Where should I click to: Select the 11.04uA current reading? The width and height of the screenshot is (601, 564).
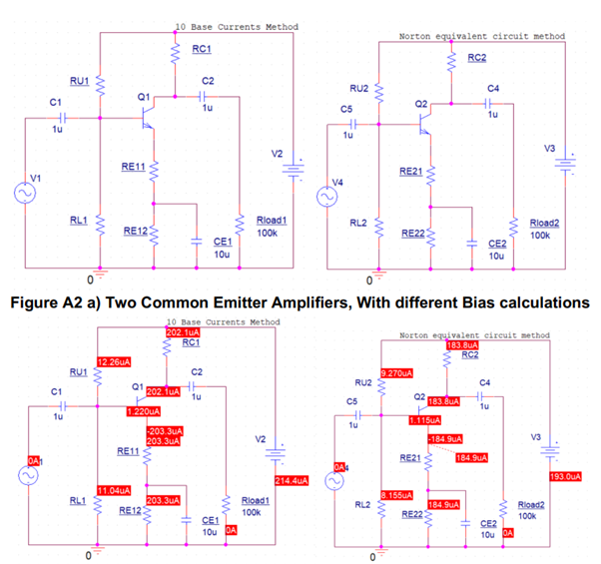pos(113,490)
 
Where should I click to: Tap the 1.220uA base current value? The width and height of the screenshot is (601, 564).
pos(145,410)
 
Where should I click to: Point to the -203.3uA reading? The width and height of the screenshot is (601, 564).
pos(163,431)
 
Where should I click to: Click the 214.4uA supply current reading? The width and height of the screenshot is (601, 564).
pos(292,480)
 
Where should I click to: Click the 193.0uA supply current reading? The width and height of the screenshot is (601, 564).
pos(568,476)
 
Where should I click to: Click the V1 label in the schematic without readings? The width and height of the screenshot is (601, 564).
pos(37,177)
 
